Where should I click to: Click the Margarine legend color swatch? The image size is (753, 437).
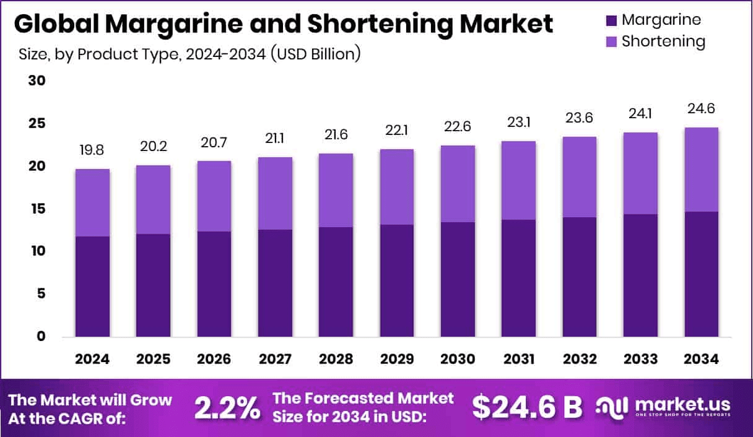(x=611, y=20)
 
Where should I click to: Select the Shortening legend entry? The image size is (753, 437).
(x=663, y=41)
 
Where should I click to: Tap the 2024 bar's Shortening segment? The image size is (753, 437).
(x=92, y=202)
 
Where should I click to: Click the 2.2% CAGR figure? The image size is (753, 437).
(x=227, y=407)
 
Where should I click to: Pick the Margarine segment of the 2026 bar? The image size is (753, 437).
(x=214, y=284)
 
